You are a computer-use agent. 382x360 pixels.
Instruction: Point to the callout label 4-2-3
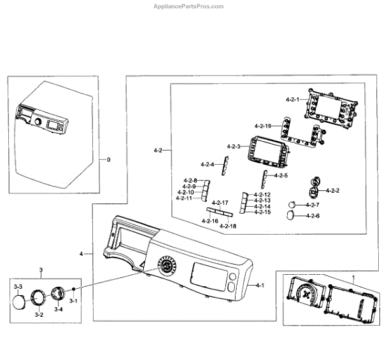[234, 147]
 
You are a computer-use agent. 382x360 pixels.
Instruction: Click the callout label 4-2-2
[332, 191]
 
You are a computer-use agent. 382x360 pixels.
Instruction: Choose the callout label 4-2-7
[312, 205]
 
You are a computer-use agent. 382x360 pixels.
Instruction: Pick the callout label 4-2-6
[312, 216]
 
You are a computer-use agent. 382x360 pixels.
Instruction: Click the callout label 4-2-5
[280, 176]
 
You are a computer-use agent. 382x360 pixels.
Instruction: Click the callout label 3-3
[18, 287]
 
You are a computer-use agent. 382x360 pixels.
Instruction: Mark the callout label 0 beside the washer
[108, 160]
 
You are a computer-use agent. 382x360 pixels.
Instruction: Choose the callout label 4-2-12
[262, 195]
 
